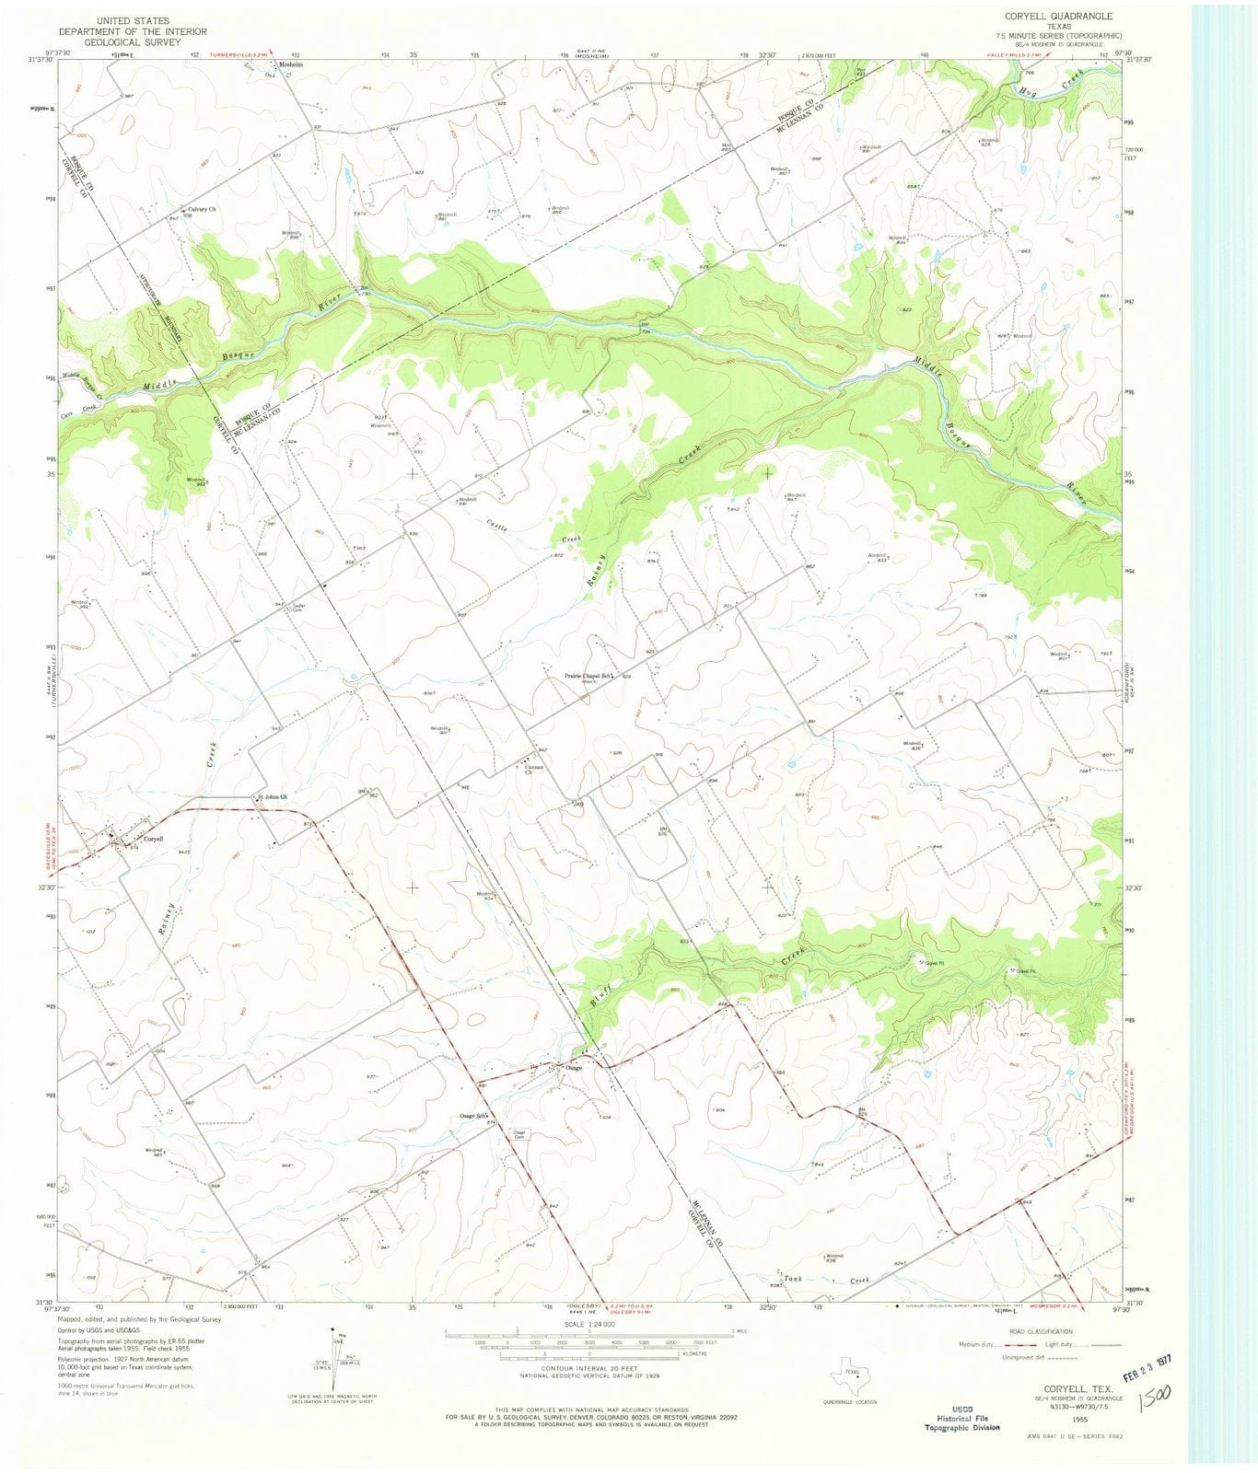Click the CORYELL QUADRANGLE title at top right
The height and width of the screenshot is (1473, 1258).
click(x=1045, y=17)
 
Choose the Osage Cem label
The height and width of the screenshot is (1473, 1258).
click(x=521, y=1134)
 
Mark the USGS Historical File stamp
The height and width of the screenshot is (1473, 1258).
click(x=961, y=1400)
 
